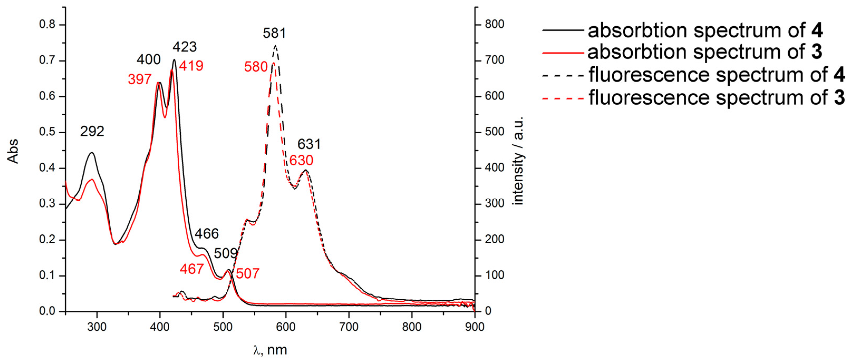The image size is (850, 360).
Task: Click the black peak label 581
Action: coord(274,33)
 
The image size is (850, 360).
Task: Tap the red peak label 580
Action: coord(256,67)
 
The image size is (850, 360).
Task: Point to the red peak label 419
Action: coord(191,66)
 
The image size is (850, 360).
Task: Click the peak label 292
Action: coord(92,132)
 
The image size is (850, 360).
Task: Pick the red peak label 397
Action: coord(140,80)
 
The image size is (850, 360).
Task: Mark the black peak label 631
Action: coord(309,144)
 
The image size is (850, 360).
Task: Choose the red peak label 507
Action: coord(248,274)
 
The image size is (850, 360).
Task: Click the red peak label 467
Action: coord(192,269)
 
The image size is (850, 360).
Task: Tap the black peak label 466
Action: coord(207,234)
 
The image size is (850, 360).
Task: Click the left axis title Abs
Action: coord(13,151)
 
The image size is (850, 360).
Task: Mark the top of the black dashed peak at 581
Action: coord(276,46)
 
